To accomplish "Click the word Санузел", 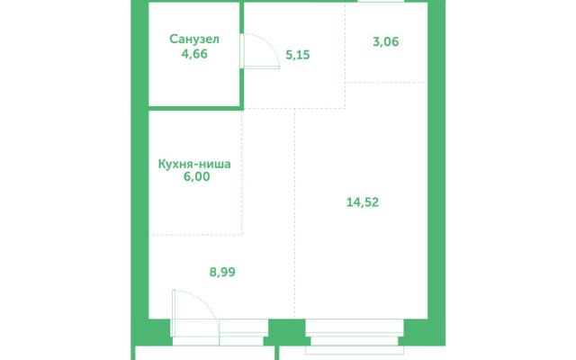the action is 194,39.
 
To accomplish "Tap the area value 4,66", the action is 194,54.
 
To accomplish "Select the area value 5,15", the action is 298,55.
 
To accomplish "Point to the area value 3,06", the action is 386,41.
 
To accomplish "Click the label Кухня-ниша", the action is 194,164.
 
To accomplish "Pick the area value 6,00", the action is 196,176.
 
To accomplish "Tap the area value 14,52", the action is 363,202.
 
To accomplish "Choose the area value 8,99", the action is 222,272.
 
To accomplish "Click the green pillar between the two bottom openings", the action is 286,331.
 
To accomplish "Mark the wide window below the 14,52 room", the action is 355,332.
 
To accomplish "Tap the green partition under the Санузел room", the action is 195,108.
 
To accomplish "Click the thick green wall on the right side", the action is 436,173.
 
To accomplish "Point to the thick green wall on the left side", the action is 139,173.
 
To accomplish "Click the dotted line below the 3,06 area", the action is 386,82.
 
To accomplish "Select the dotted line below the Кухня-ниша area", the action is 195,234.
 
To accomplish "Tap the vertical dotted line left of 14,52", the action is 294,214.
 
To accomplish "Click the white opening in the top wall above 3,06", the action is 381,1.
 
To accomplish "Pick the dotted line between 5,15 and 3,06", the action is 346,55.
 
